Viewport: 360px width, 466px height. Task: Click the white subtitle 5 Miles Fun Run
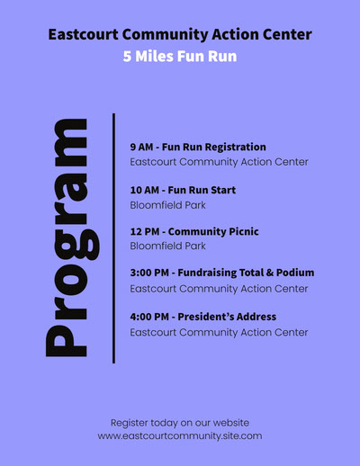(x=180, y=56)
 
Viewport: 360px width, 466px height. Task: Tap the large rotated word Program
(x=72, y=237)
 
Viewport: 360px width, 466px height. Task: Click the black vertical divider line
(x=113, y=238)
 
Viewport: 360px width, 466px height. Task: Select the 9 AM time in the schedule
(x=141, y=148)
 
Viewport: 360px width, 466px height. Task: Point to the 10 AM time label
(x=145, y=190)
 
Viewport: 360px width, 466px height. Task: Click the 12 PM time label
(x=145, y=231)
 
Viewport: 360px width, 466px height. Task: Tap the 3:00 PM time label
(x=149, y=273)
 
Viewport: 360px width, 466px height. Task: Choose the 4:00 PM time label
(x=149, y=317)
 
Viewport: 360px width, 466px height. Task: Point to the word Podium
(x=295, y=273)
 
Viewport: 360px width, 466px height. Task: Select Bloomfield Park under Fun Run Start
(x=167, y=205)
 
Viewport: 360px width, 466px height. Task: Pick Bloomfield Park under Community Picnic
(x=167, y=246)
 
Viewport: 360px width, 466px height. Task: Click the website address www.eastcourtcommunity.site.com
(x=180, y=436)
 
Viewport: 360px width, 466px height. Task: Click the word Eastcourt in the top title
(x=83, y=34)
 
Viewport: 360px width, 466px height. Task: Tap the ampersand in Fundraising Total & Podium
(x=270, y=273)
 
